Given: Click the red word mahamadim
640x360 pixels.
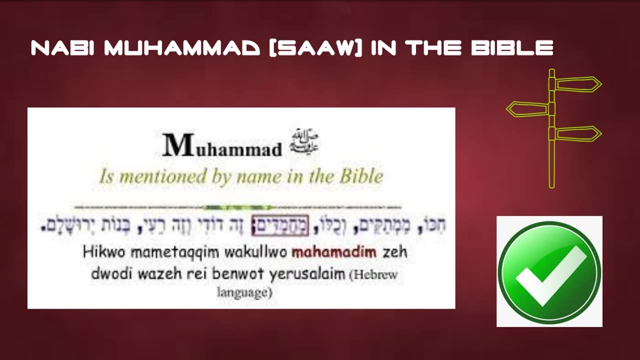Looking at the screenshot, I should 333,251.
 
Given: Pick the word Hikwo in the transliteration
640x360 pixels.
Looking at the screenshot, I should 99,251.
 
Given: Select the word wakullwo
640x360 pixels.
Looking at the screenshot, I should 255,251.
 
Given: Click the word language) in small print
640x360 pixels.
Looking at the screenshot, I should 244,292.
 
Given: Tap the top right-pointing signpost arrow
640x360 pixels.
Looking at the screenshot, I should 578,84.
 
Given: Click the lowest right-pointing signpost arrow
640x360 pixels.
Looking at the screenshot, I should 578,134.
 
